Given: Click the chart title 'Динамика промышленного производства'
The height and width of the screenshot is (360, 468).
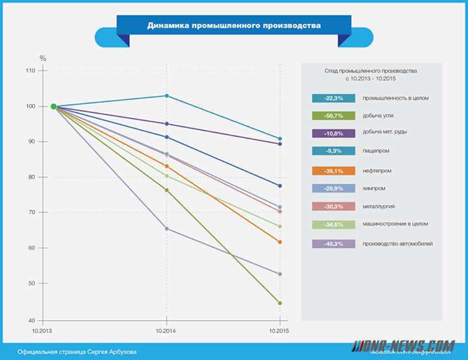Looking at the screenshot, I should (234, 27).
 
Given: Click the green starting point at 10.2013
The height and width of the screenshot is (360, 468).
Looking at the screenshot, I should (54, 107).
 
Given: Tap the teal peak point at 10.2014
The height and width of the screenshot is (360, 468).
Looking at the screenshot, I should (167, 96).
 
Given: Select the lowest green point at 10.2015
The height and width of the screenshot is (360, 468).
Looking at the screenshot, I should (279, 303).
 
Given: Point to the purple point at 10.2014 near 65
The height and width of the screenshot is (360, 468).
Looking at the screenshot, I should (167, 229).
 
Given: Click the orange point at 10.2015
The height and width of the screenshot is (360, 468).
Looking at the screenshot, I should (279, 242).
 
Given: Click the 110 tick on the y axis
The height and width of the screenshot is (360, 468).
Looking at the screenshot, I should (30, 70).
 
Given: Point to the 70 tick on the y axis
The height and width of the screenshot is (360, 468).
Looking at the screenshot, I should (31, 212).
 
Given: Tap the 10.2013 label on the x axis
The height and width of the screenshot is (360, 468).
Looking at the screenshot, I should (42, 331).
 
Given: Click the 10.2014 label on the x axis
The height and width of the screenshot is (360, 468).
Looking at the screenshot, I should (166, 331).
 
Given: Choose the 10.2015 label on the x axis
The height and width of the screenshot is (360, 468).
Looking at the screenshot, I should (279, 331).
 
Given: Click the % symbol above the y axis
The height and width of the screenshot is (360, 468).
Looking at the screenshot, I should (43, 58).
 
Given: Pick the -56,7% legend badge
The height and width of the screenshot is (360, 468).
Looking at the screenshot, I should (333, 116).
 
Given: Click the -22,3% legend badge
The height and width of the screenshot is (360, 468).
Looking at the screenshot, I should (333, 98).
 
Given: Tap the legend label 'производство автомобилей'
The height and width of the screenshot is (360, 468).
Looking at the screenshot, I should (398, 244).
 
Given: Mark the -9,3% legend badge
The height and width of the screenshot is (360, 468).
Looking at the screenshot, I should (333, 151).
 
